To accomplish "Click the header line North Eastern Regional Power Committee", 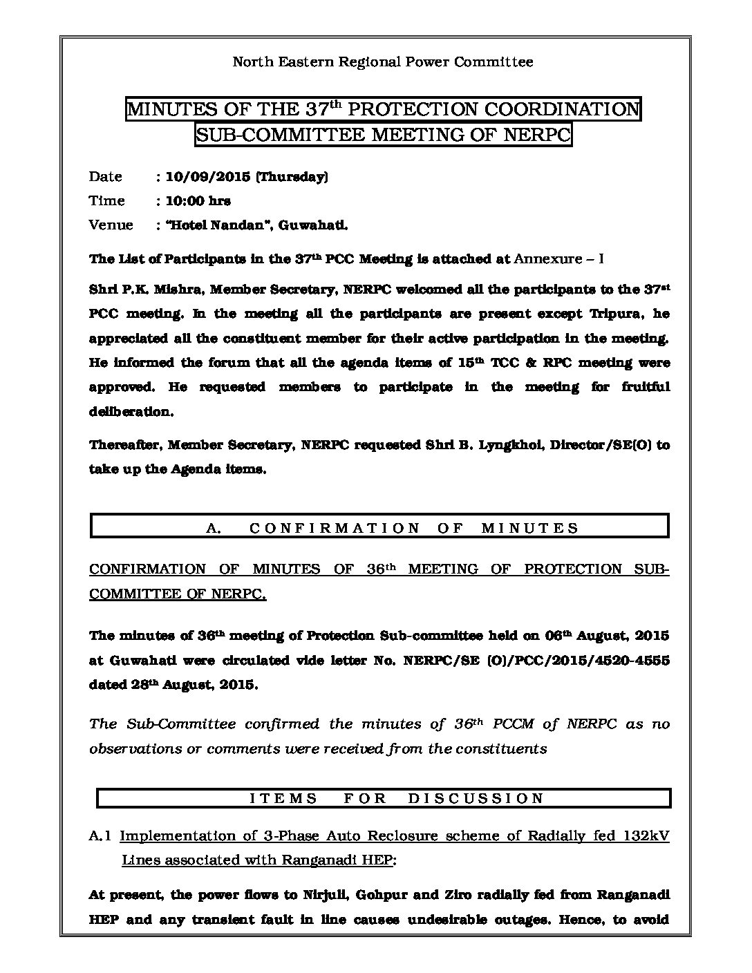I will (382, 62).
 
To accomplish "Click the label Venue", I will (111, 225).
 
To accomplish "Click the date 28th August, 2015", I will (199, 685).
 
